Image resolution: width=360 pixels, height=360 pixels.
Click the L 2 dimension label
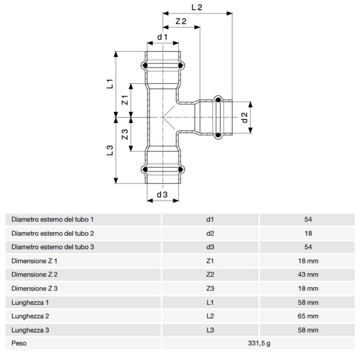pos(197,7)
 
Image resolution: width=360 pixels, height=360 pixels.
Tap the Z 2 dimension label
pos(181,21)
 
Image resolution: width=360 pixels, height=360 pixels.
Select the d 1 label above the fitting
pos(163,37)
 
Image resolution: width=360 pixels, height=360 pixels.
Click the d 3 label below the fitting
pos(163,194)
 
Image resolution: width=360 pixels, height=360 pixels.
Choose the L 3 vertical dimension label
pos(110,151)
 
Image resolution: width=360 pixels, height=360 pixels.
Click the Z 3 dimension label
pos(125,135)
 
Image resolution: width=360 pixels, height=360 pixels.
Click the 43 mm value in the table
pos(308,274)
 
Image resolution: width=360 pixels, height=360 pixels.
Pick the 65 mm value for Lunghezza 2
pos(308,316)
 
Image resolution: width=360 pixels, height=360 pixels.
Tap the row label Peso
pos(19,343)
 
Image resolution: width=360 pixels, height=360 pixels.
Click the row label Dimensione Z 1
pos(34,261)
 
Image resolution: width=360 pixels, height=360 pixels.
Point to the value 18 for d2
pos(308,233)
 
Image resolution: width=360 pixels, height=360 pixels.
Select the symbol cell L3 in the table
pos(210,330)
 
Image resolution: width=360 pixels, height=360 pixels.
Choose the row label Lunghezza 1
pos(30,302)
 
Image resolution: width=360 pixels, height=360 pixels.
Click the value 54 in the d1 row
pos(308,219)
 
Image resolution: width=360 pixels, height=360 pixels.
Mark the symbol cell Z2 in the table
pos(210,274)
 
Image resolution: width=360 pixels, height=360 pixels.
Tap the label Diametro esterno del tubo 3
pos(53,247)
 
